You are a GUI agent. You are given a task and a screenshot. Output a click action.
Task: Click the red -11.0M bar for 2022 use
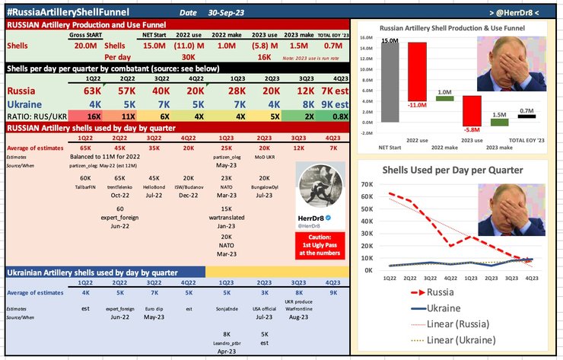pos(418,72)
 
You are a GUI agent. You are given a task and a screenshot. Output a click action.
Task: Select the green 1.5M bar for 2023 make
pos(499,117)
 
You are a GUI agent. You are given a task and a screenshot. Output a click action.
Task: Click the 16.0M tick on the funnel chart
pos(366,37)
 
